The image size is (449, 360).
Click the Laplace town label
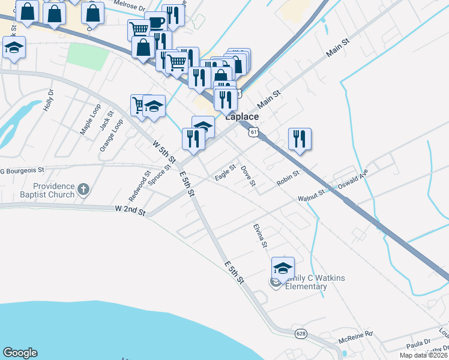(x=242, y=117)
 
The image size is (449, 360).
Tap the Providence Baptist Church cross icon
(x=83, y=190)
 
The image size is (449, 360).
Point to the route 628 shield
(x=301, y=332)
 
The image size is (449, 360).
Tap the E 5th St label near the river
(x=234, y=273)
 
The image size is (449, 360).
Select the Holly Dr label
(x=49, y=101)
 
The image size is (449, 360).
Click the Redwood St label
(x=139, y=186)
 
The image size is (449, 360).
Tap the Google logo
(x=20, y=353)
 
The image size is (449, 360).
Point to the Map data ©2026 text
(x=423, y=355)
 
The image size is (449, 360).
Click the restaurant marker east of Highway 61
(x=298, y=138)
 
